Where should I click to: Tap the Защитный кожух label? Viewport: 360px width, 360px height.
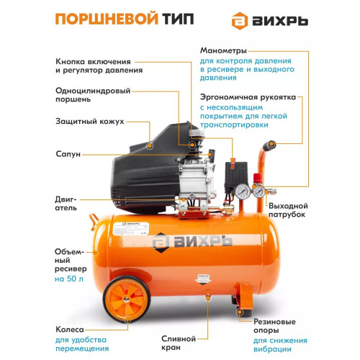(x=91, y=122)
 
